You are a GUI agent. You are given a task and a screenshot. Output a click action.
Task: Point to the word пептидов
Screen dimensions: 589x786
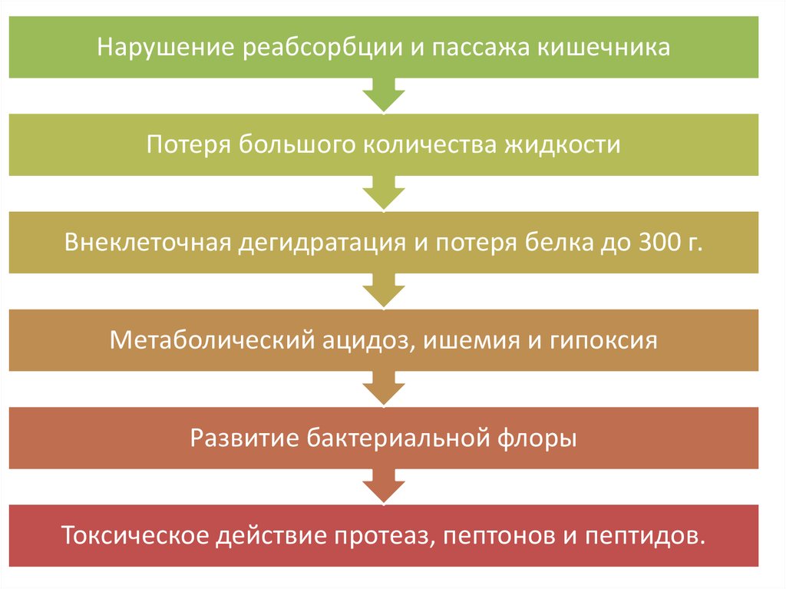pos(650,536)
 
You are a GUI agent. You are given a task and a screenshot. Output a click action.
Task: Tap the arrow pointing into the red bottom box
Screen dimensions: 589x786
pos(384,485)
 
